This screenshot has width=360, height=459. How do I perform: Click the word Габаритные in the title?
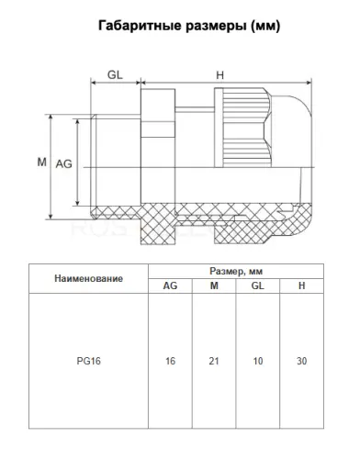pyautogui.click(x=140, y=26)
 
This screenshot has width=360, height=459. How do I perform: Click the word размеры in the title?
pyautogui.click(x=216, y=27)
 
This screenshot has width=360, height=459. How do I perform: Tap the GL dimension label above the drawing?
pyautogui.click(x=115, y=74)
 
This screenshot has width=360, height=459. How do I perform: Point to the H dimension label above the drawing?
pyautogui.click(x=220, y=75)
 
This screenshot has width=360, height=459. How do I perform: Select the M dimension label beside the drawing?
pyautogui.click(x=42, y=162)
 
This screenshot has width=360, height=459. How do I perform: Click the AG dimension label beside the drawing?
pyautogui.click(x=64, y=164)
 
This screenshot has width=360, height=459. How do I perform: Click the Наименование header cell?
pyautogui.click(x=89, y=278)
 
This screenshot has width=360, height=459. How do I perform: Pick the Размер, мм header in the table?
pyautogui.click(x=236, y=271)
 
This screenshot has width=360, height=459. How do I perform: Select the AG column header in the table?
pyautogui.click(x=170, y=285)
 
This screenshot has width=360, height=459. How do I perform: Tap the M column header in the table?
pyautogui.click(x=214, y=285)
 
